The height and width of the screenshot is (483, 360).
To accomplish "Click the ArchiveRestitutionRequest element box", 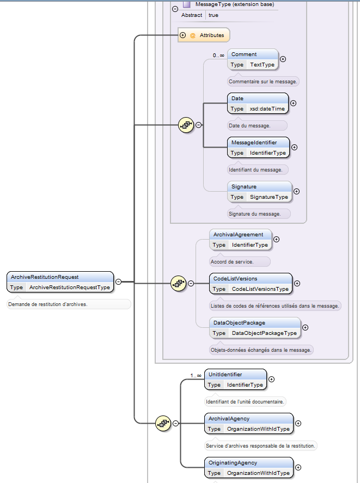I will [x=60, y=282].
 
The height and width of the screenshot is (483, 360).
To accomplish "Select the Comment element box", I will [x=253, y=59].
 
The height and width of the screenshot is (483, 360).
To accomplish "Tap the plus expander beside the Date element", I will [x=294, y=103].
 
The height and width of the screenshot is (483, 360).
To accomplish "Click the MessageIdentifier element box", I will [x=258, y=148].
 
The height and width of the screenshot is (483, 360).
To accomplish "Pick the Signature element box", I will [x=259, y=192].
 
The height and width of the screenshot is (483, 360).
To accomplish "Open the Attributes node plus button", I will [x=183, y=35].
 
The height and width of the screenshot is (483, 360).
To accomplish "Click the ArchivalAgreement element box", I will [x=241, y=240].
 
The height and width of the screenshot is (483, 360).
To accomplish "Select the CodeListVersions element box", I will [x=251, y=283].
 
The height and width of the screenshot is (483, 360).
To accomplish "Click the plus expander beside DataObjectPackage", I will [x=305, y=327].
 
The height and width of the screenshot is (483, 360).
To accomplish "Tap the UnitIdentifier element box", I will [x=235, y=380].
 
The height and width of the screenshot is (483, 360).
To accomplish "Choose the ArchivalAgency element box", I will [x=248, y=424].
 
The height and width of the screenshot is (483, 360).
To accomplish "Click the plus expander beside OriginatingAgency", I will [x=298, y=467].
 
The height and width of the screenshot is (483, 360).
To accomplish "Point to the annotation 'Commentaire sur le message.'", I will [x=263, y=81].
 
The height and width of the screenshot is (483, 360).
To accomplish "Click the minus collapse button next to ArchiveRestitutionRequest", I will [x=118, y=282].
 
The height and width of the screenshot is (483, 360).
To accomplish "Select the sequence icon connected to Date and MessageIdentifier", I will [x=186, y=125].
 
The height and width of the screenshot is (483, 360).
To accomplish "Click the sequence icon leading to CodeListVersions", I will [x=179, y=283].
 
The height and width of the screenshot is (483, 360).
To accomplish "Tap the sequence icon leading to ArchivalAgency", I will [x=163, y=423].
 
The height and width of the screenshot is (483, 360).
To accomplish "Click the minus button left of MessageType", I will [x=175, y=9].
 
